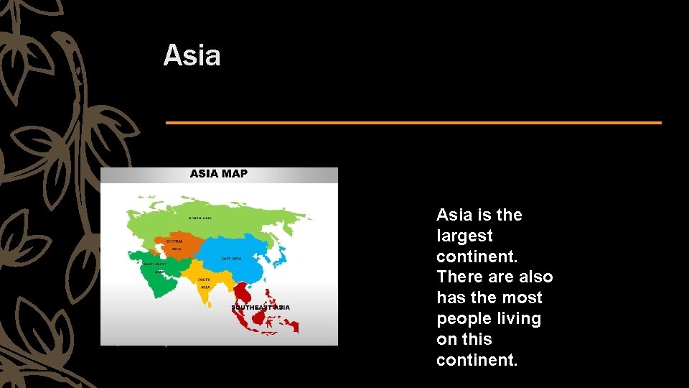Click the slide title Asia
192,55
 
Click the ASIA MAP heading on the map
218,174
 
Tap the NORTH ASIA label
200,218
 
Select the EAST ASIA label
231,259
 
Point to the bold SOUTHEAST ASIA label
261,308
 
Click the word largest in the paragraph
464,236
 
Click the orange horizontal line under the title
413,123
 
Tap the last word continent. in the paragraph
476,359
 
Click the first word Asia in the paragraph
453,215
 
